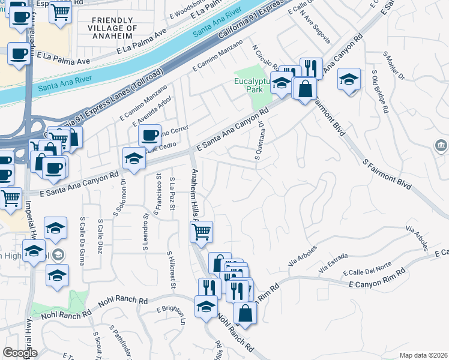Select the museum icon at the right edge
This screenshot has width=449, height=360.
(x=441, y=146)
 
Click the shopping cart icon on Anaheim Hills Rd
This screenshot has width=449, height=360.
(x=202, y=230)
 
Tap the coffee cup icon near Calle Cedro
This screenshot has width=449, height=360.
(x=149, y=134)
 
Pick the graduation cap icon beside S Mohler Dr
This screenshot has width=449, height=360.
(x=349, y=79)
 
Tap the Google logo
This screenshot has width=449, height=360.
(x=20, y=353)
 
